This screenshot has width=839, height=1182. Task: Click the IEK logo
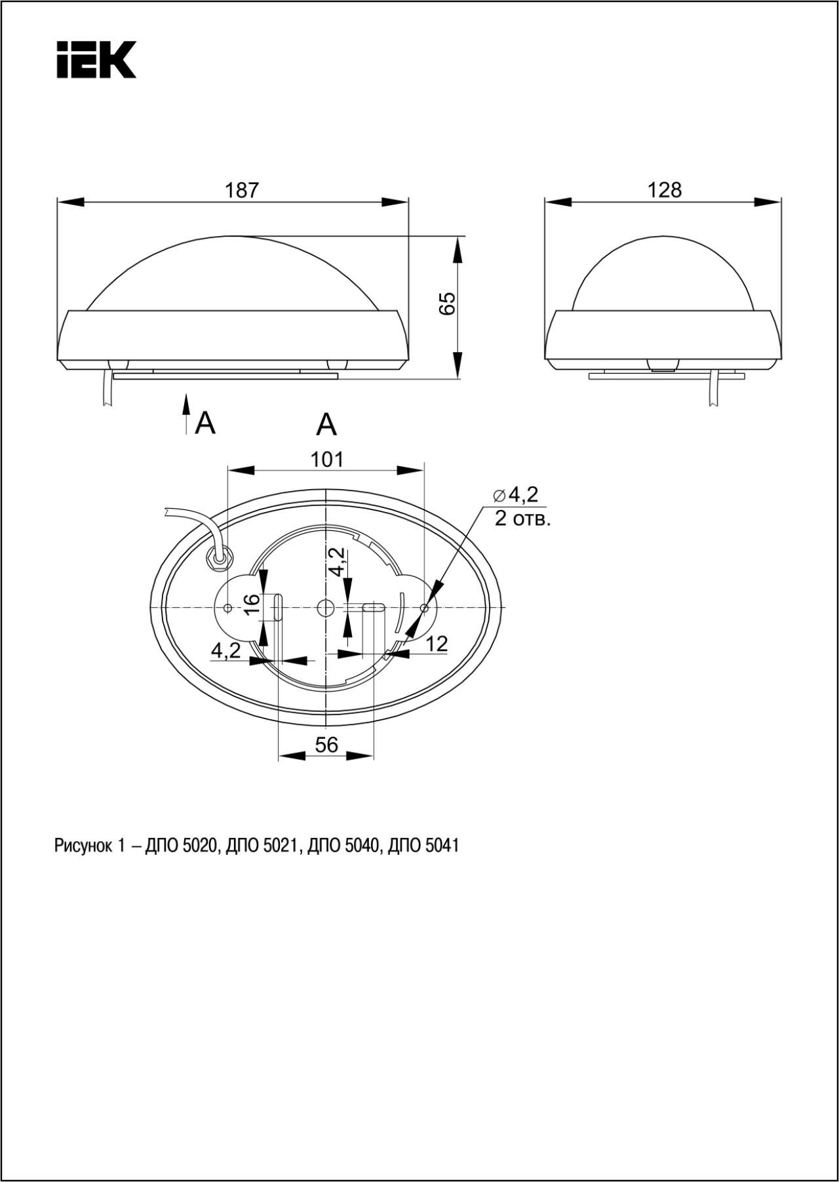point(96,60)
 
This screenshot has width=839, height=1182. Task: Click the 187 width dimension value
point(243,190)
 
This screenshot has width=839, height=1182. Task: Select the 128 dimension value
point(665,190)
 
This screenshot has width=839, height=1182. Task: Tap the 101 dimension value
point(326,460)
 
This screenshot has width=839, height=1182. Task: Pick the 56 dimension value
point(326,745)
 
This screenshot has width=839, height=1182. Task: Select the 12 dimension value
point(437,644)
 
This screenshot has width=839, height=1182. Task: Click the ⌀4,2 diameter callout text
point(516,494)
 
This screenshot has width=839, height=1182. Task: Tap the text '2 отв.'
point(522,520)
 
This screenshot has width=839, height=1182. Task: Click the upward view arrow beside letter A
point(186,414)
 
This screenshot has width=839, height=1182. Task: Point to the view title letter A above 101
point(326,425)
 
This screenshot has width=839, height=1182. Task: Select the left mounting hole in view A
point(227,608)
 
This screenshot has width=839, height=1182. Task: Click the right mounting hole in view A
point(424,608)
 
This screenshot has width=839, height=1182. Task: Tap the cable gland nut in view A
point(219,558)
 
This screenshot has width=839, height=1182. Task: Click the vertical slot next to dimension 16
point(278,607)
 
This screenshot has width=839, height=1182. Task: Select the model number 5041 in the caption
point(442,846)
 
